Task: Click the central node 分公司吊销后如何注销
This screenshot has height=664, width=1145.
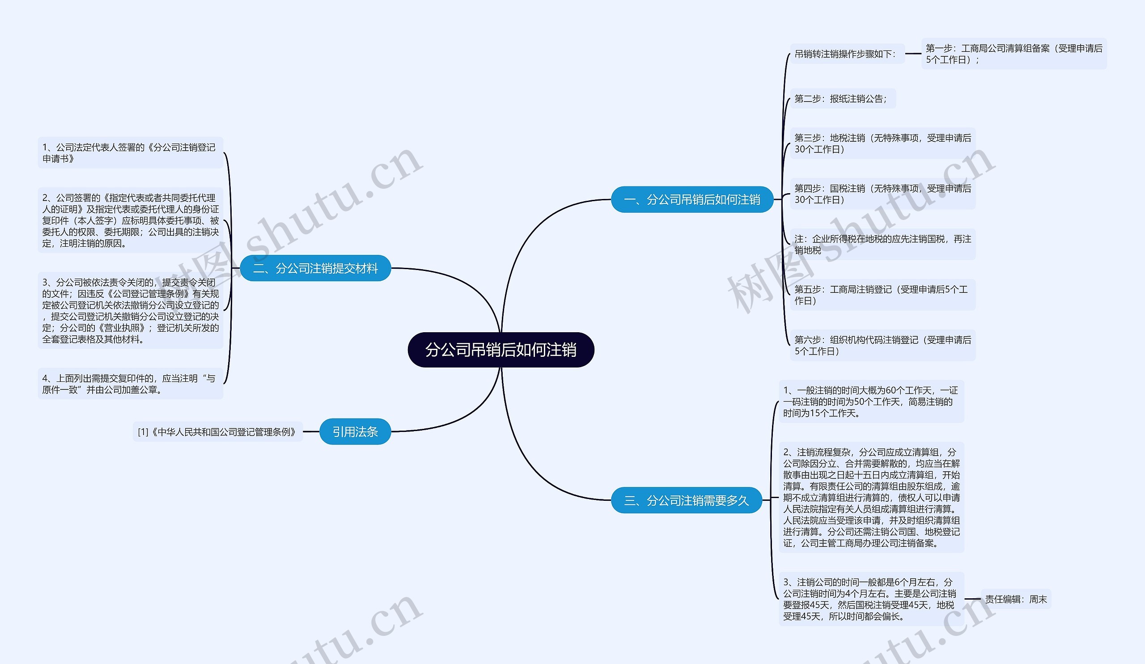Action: coord(500,350)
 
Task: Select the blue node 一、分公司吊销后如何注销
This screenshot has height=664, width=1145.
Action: coord(692,199)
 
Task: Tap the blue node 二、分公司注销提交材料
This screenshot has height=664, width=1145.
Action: coord(315,268)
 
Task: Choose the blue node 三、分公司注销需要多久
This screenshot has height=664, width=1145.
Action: coord(686,500)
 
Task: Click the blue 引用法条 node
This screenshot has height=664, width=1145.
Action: coord(355,431)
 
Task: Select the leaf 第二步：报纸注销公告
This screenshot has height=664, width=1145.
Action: coord(843,98)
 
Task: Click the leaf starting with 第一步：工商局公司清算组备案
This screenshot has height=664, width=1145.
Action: coord(1014,54)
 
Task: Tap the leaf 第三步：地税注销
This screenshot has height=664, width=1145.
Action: coord(883,144)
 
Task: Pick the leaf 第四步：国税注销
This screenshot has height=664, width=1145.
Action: coord(883,194)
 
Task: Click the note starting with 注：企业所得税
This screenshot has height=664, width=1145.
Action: coord(883,244)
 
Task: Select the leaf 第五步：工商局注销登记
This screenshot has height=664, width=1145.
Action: coord(883,295)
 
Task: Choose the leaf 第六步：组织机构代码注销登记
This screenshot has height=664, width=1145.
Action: coord(883,345)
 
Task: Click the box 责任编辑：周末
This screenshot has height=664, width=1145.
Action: coord(1016,599)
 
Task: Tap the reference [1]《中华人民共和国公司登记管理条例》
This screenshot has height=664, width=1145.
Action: coord(218,431)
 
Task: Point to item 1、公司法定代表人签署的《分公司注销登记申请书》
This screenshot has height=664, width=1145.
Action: coord(131,152)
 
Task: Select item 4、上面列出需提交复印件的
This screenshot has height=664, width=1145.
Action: coord(131,384)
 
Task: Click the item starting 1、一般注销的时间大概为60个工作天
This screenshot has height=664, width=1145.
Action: coord(871,402)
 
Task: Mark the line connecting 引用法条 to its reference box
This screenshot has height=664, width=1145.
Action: coord(311,431)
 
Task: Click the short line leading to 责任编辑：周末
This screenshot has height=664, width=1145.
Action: coord(972,599)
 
